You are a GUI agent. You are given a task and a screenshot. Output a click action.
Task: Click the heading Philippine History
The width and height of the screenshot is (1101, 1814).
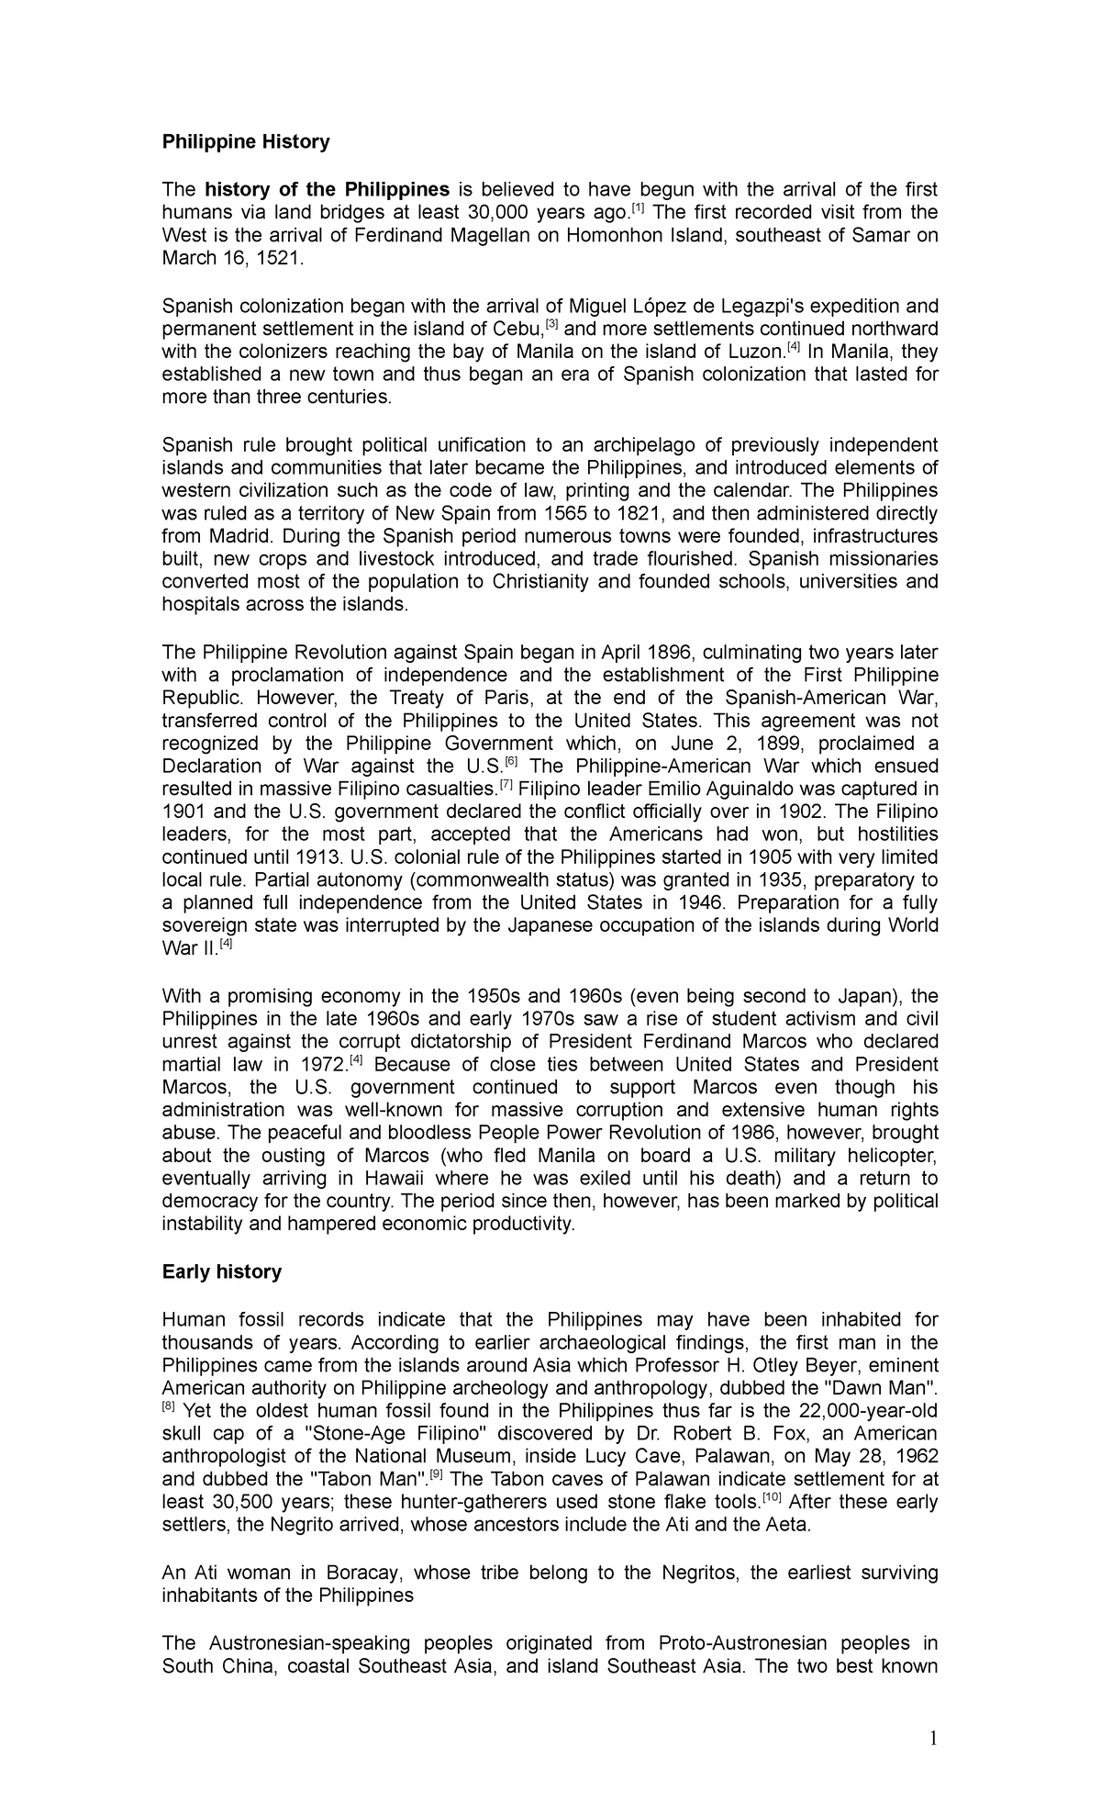(245, 142)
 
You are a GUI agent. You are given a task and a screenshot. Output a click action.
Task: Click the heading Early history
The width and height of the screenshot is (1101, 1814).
(221, 1271)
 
